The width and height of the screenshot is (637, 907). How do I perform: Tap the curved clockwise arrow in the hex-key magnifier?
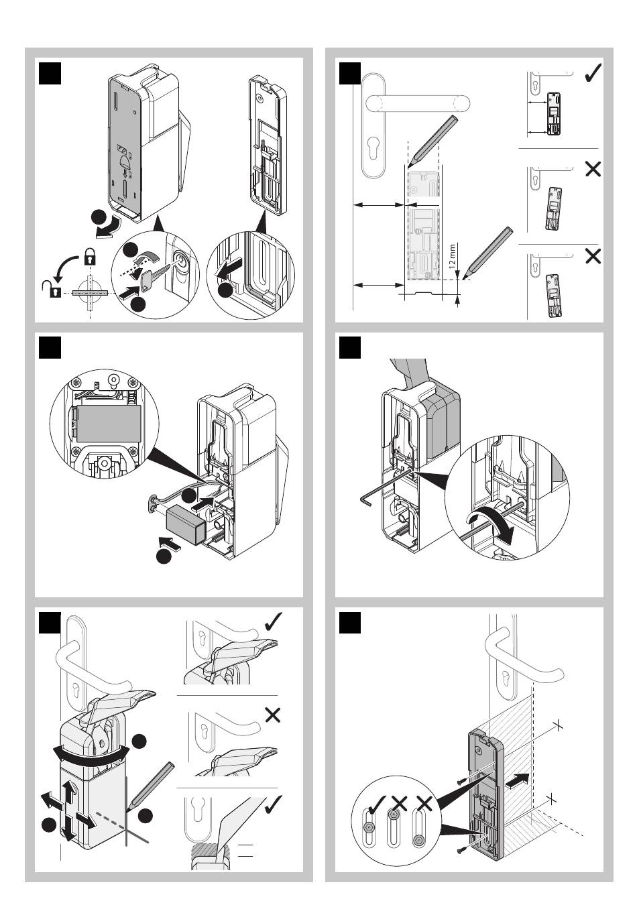point(491,526)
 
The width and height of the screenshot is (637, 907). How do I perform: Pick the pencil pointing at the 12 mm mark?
point(488,253)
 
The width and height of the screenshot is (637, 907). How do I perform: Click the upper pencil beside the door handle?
point(432,141)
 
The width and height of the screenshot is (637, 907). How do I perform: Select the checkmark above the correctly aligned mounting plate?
point(593,73)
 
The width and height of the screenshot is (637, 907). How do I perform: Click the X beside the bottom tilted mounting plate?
point(593,256)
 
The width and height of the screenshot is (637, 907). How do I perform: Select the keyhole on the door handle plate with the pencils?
point(373,154)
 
